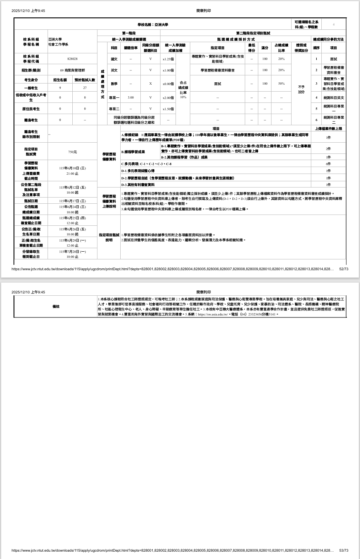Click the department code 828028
point(72,59)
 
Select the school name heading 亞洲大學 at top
point(153,25)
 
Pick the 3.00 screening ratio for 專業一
point(131,98)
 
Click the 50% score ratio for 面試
point(281,84)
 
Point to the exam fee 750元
point(72,152)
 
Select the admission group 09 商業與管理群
point(72,70)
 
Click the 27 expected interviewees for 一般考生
point(85,88)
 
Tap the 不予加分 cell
point(301,90)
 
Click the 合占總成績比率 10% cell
point(183,89)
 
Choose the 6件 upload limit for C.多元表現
point(328,164)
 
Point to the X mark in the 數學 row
point(150,84)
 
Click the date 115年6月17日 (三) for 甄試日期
point(72,201)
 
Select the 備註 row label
point(56,307)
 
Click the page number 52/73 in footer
point(343,269)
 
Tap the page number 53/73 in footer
point(343,550)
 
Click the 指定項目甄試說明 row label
point(109,237)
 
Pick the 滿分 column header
point(265,48)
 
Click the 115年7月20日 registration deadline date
point(72,252)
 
